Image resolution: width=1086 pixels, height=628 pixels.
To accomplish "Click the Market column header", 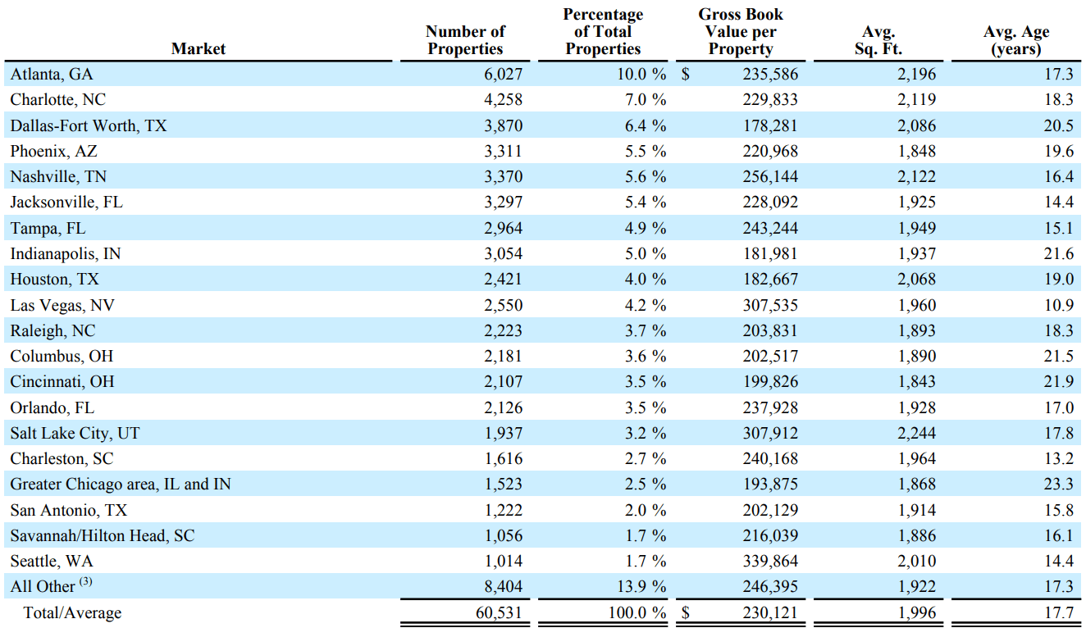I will [x=198, y=49].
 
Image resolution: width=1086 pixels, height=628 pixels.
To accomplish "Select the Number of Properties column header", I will [x=465, y=40].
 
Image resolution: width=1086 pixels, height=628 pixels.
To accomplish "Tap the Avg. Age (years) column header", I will [x=1015, y=40].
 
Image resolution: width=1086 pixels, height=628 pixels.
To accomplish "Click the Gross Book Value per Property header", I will [x=740, y=32].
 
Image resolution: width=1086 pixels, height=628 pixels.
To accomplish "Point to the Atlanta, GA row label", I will [x=52, y=75].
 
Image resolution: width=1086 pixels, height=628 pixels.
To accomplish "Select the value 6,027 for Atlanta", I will [x=502, y=75].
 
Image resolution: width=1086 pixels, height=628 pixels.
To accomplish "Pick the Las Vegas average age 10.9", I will [x=1058, y=305].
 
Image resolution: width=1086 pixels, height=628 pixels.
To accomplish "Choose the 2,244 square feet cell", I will [x=917, y=434].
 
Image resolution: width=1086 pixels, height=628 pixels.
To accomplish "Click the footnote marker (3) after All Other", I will [x=86, y=584].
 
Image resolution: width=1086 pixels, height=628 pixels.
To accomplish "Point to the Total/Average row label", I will [x=72, y=612].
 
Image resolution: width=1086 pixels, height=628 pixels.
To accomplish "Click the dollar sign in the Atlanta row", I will [x=686, y=75].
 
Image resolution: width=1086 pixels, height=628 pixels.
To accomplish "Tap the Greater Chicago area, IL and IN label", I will [x=121, y=485].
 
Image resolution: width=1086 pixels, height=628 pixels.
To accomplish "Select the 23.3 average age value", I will [x=1058, y=485].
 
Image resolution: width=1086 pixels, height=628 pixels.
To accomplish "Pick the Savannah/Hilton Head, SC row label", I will [x=103, y=536].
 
